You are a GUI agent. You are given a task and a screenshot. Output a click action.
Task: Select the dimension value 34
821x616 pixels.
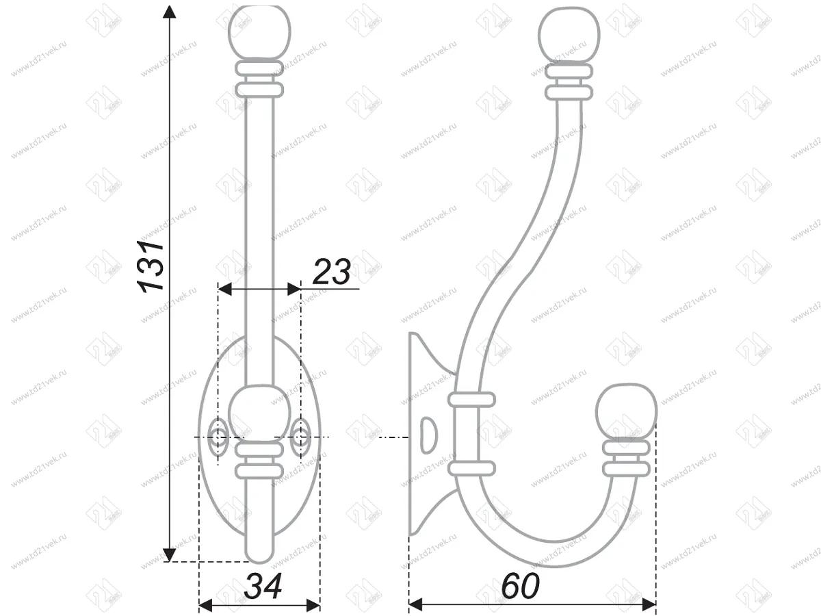coord(263,587)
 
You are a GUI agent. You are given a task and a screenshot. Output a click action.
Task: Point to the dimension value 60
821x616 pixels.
coord(520,587)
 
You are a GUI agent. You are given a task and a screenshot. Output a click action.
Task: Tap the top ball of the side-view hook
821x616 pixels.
coord(569,34)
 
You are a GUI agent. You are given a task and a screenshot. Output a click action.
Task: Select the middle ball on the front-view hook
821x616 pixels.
coord(259,413)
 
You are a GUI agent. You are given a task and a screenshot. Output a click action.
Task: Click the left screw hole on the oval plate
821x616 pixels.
coord(220,437)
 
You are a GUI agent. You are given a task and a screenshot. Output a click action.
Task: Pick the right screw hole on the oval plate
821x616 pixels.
coord(299,437)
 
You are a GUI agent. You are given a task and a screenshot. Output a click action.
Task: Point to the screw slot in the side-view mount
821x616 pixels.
coord(428,436)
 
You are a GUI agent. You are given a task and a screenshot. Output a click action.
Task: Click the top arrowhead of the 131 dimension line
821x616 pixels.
coord(170,12)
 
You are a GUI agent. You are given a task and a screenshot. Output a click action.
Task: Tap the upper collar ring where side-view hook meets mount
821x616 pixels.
coord(471,399)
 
